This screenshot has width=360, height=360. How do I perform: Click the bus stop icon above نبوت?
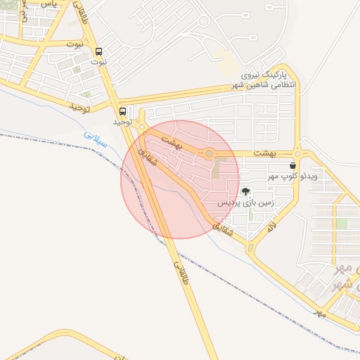coord(99,51)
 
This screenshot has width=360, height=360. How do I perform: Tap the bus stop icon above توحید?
coord(123,111)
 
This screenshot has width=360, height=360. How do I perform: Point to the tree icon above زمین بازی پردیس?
coord(245,191)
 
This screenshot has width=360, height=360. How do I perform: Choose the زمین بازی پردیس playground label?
coord(243,202)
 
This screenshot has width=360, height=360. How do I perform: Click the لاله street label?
coord(271,227)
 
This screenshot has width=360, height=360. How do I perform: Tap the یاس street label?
coord(48,4)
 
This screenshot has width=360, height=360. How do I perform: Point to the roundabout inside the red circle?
coord(209,153)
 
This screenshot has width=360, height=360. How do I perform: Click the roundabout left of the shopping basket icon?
coord(298,153)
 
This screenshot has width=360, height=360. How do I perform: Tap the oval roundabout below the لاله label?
coord(250,247)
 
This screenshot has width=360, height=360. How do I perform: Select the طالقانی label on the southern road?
coord(179,273)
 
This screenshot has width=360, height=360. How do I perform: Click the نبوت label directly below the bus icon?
coord(99,62)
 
